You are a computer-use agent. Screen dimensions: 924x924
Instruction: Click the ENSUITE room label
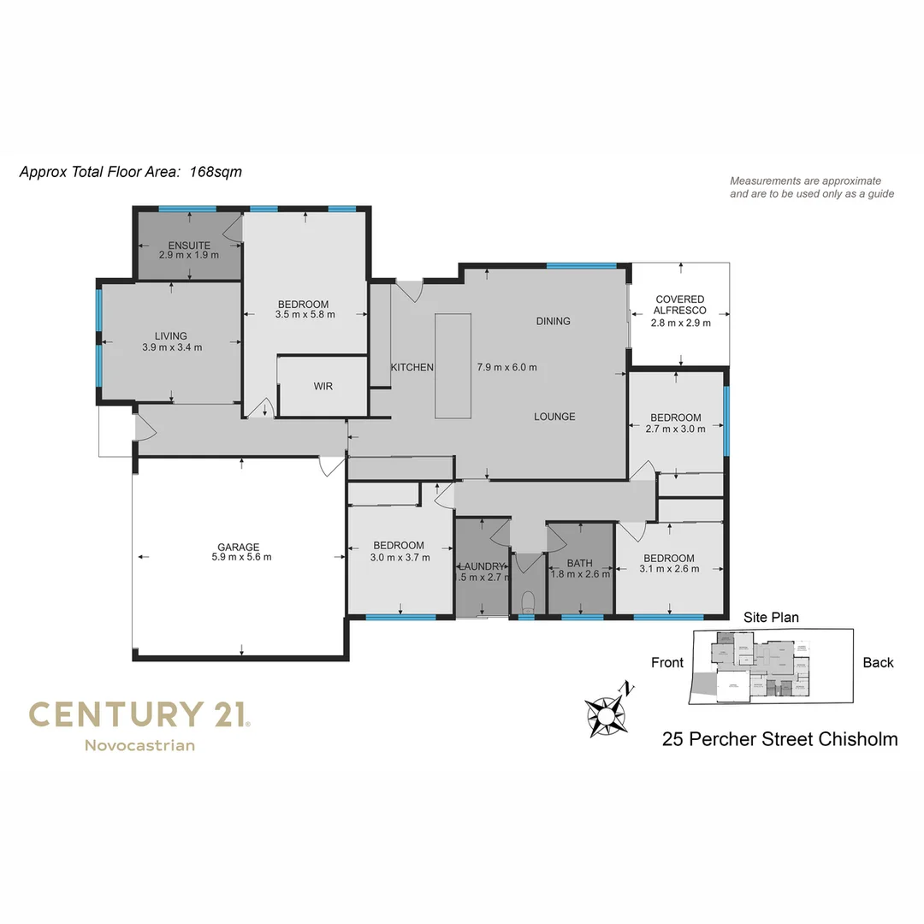click(189, 246)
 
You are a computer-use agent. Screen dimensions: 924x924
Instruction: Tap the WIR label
click(323, 387)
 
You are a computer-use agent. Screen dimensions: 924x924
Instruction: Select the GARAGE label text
click(238, 547)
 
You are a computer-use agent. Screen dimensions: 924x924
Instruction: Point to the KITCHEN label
click(412, 367)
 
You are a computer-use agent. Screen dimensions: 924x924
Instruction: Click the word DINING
click(553, 322)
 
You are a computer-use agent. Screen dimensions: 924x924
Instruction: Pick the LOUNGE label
click(554, 417)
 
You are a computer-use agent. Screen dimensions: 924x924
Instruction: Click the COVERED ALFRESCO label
click(680, 305)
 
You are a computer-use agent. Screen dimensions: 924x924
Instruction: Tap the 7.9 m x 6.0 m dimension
click(506, 367)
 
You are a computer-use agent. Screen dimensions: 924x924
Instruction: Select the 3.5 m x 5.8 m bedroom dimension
click(305, 314)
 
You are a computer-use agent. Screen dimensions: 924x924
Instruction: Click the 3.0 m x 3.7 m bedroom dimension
click(399, 557)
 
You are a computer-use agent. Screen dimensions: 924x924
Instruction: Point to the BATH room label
click(579, 564)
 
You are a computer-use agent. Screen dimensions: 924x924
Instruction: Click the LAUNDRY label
click(483, 566)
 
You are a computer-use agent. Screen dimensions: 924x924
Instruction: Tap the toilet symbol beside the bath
click(527, 599)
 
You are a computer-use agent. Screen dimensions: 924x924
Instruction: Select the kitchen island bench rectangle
click(453, 366)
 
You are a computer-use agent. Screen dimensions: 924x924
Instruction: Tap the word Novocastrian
click(139, 745)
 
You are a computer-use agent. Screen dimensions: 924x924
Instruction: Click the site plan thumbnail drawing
click(772, 666)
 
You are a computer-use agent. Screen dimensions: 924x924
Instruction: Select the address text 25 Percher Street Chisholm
click(779, 739)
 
